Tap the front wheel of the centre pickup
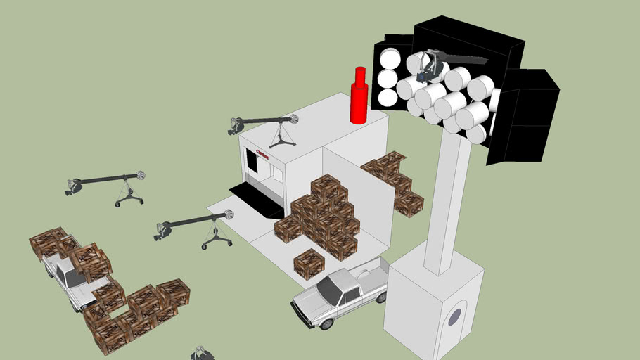[325, 323]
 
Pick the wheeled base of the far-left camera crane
[129, 200]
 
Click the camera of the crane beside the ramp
[163, 230]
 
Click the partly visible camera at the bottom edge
[200, 353]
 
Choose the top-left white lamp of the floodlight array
[388, 58]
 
